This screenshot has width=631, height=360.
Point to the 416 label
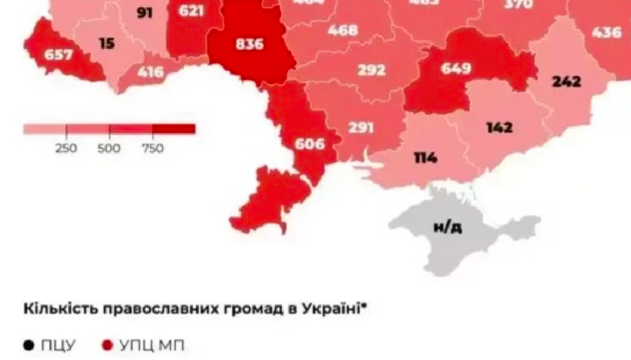pos(150,72)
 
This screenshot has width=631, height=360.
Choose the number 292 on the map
pos(372,71)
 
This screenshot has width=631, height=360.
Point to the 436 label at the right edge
pos(607,32)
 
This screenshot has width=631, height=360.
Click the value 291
pos(360,127)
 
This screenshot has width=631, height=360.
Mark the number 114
pos(427,159)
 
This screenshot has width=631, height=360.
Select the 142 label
pos(499,128)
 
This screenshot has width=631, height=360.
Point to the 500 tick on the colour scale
pos(109,148)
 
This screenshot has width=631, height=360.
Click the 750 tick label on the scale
pos(152,148)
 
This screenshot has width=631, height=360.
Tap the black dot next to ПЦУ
pos(27,345)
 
